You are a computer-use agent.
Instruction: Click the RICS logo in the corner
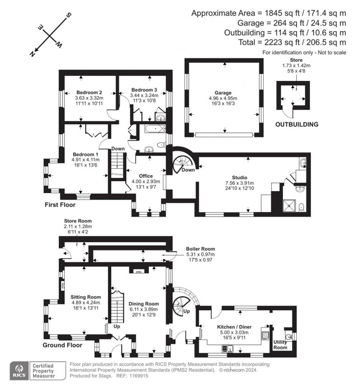tap(19, 370)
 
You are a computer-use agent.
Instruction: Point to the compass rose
tap(50, 35)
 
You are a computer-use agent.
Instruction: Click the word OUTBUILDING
tap(297, 124)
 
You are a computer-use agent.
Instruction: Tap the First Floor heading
tap(60, 205)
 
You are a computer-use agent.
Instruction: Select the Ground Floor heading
tap(62, 345)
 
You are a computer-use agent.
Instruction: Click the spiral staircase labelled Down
tap(183, 162)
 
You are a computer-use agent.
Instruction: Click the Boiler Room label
tap(201, 249)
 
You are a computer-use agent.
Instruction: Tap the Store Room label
tap(77, 221)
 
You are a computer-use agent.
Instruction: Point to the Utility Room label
tap(280, 344)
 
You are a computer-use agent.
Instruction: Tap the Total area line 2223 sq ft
tap(302, 42)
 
